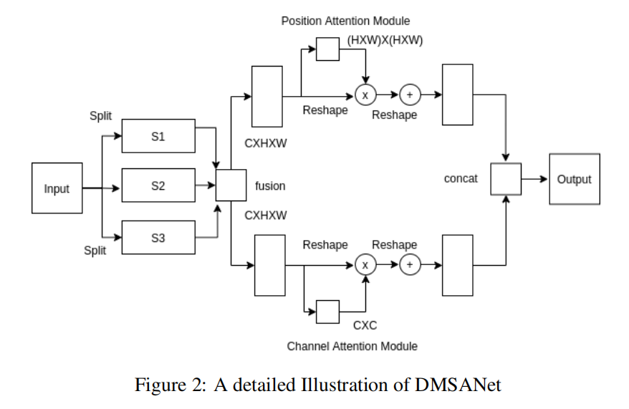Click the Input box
(57, 188)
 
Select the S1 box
(158, 136)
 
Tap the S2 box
(158, 186)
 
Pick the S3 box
(158, 238)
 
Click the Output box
(574, 179)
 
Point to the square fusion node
(231, 186)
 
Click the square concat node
(506, 179)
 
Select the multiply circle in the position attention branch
(365, 95)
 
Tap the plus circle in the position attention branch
(410, 95)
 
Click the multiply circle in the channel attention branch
(365, 265)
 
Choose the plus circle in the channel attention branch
(410, 265)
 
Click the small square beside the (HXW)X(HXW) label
(328, 49)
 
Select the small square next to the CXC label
(328, 312)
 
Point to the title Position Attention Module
(345, 21)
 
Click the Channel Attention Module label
(352, 346)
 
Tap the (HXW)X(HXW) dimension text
(385, 40)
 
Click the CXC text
(365, 325)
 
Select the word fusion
(270, 186)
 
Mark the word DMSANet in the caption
(458, 385)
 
